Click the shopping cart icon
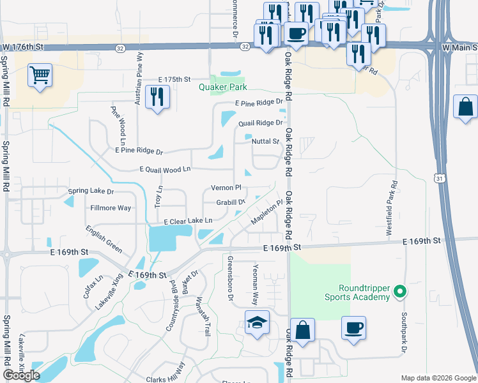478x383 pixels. click(x=40, y=76)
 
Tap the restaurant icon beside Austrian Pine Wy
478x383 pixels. click(x=157, y=97)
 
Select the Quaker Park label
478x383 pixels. click(x=222, y=87)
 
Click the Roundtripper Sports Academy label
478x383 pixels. click(x=355, y=292)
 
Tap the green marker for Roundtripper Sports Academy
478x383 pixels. click(x=401, y=292)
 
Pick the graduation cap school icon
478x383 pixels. click(x=257, y=324)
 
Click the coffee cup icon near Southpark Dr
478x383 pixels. click(x=353, y=329)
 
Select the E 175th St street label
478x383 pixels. click(x=175, y=79)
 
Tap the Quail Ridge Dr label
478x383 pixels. click(x=259, y=123)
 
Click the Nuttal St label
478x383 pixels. click(x=266, y=141)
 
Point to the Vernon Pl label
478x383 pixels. click(x=226, y=188)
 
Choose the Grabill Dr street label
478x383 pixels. click(x=231, y=202)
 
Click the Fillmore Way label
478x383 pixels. click(x=111, y=207)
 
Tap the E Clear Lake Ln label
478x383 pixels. click(x=188, y=221)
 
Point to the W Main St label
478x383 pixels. click(x=459, y=47)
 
